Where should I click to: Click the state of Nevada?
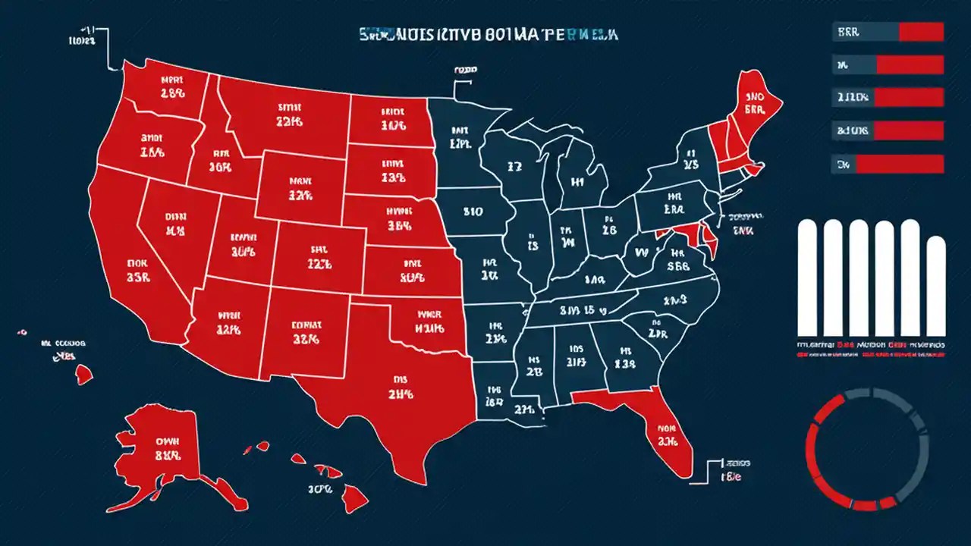click(x=174, y=224)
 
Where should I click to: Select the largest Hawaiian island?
click(x=349, y=497)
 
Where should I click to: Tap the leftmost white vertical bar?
click(x=808, y=277)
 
